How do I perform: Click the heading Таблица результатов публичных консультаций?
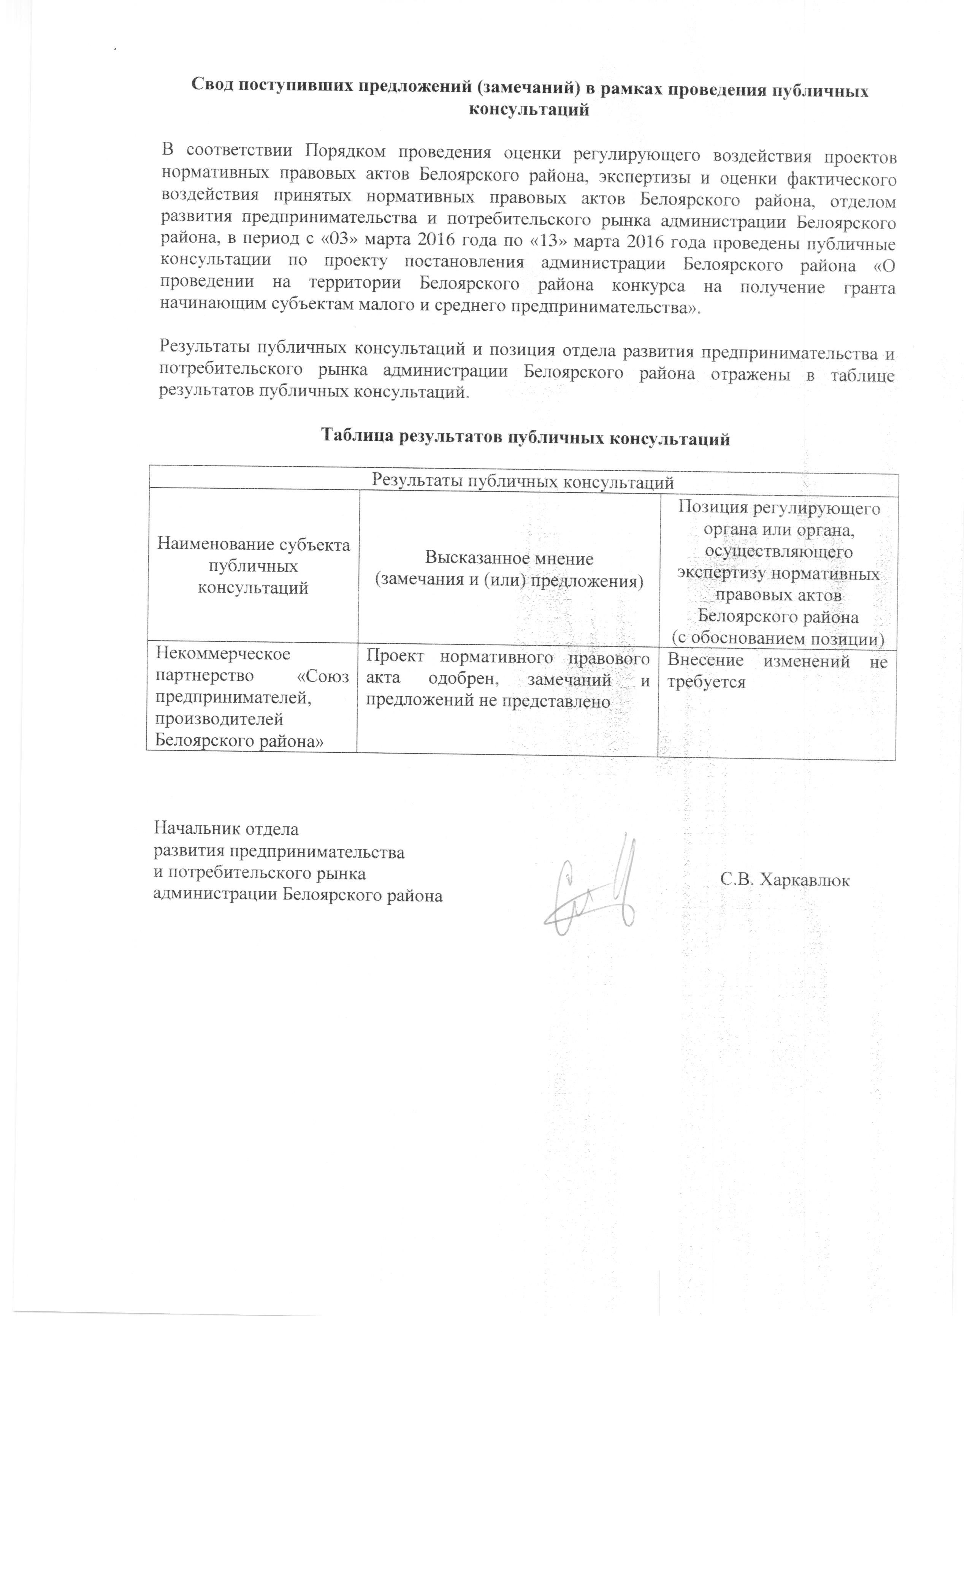526,439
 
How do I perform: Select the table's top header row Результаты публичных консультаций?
522,482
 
